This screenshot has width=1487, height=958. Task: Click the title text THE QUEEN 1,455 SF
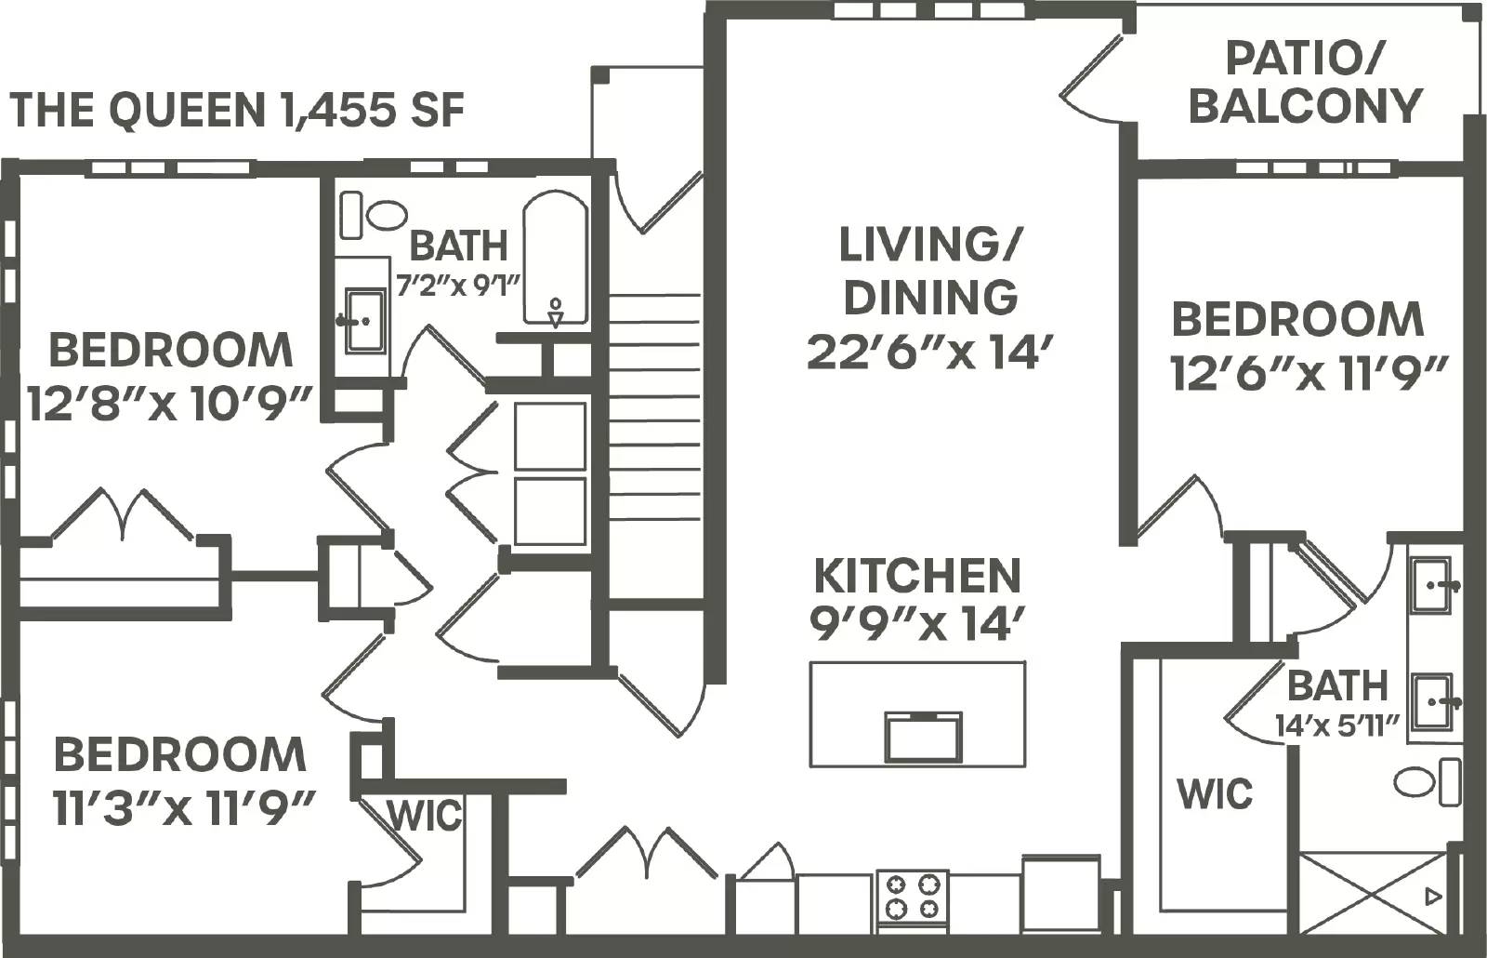237,111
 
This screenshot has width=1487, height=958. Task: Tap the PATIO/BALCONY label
1305,83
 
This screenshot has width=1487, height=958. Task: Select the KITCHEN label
917,576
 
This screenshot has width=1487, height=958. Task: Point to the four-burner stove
912,897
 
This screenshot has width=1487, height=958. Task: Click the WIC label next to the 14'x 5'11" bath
1215,793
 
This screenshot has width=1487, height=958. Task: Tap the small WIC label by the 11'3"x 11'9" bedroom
424,816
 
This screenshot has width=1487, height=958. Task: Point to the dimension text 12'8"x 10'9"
168,405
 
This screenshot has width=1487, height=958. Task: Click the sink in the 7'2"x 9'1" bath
365,321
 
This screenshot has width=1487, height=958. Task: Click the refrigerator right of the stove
1059,893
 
